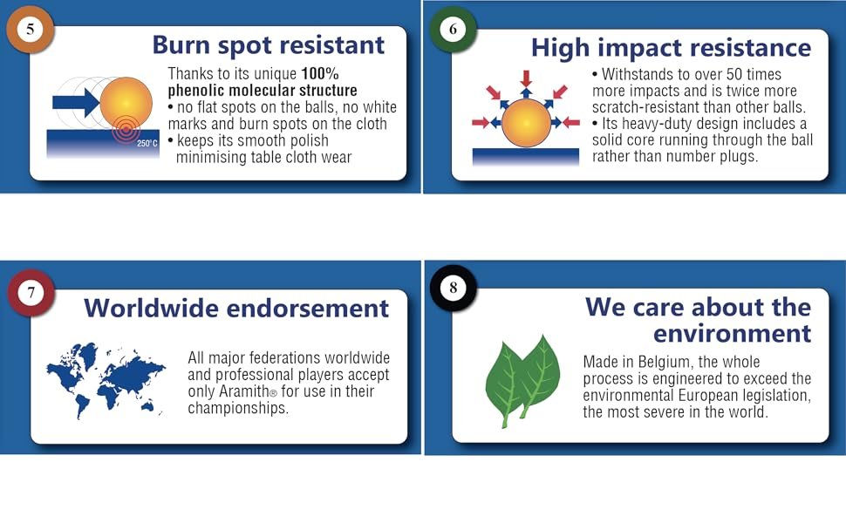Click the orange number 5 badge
coord(31,29)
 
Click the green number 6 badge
coord(453,29)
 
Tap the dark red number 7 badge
coord(31,293)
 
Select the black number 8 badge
coord(454,288)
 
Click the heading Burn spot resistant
coord(268,45)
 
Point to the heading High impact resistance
coord(672,49)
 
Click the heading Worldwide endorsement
coord(236,309)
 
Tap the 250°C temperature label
coord(147,144)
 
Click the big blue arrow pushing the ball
coord(76,103)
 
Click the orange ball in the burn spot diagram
coord(126,103)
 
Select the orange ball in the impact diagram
coord(526,123)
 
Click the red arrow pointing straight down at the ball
coord(526,78)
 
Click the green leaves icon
coord(522,381)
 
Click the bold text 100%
coord(320,74)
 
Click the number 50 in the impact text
coord(734,74)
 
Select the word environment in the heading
coord(732,334)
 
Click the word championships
coord(238,408)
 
